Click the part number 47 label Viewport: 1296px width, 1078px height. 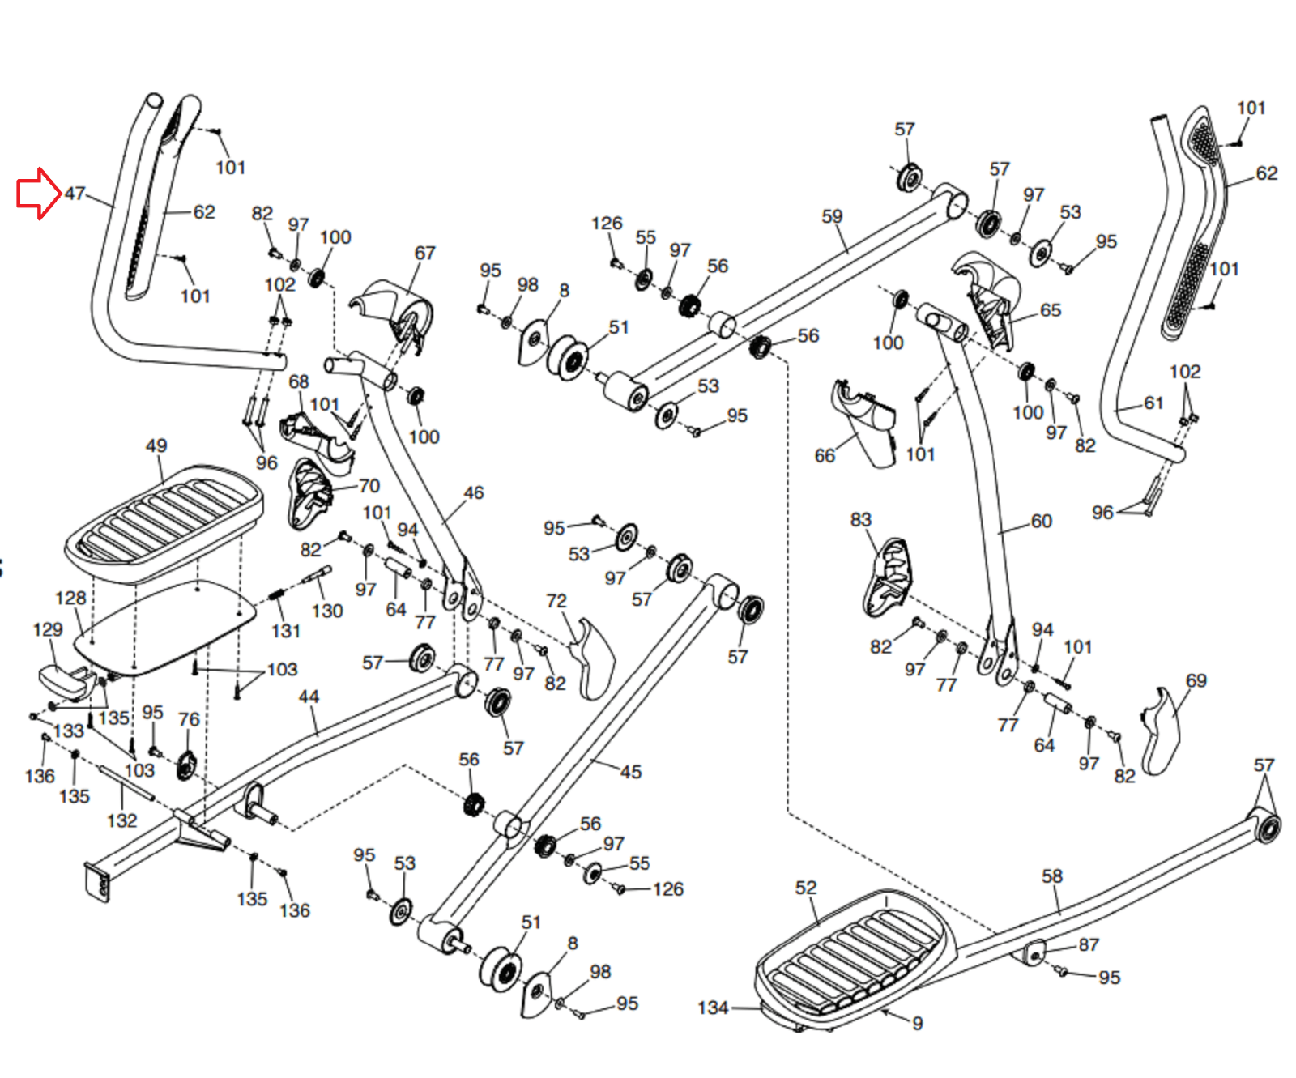tap(75, 194)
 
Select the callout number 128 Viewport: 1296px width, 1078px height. tap(70, 598)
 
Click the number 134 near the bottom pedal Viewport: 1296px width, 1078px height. tap(713, 1008)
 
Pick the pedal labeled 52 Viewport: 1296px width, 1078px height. tap(850, 956)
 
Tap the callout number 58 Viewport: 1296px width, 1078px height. tap(1051, 876)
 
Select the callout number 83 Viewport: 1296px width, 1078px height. tap(860, 519)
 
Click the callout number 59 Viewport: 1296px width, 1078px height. tap(832, 216)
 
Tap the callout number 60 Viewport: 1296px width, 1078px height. tap(1041, 521)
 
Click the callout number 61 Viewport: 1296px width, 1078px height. tap(1153, 403)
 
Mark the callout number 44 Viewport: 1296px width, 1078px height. tap(309, 697)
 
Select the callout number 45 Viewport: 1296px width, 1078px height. tap(630, 772)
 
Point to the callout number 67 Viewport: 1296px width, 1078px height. tap(424, 253)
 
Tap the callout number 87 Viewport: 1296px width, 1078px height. tap(1089, 944)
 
